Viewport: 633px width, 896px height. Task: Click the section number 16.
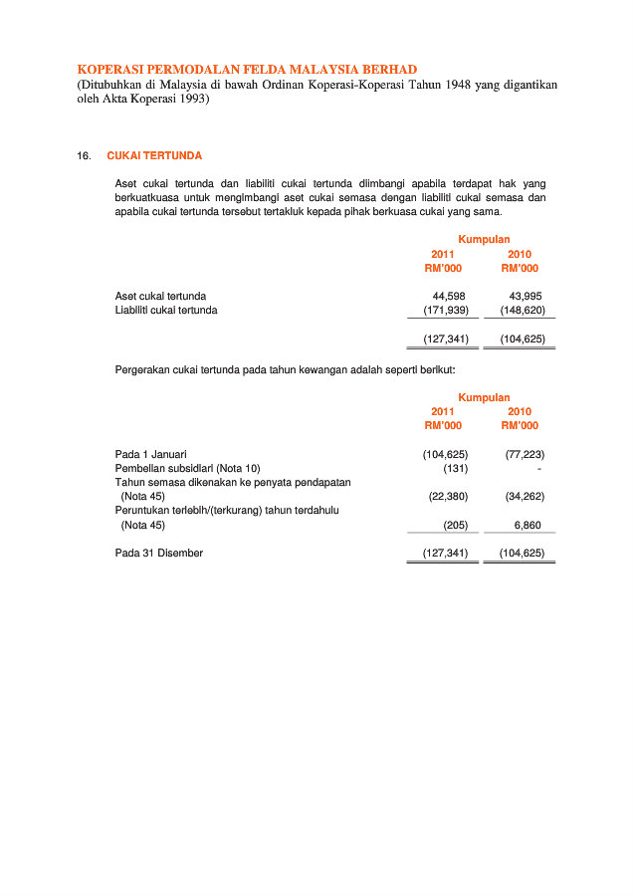point(84,156)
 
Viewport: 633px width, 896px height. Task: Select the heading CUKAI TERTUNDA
point(154,156)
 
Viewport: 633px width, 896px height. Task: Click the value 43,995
point(526,297)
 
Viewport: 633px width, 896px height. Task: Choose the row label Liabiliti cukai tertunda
point(166,311)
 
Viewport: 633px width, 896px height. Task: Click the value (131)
point(455,468)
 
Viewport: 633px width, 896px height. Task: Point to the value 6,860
point(528,524)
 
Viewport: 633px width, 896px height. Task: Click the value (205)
point(455,524)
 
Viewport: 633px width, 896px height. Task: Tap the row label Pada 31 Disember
point(159,553)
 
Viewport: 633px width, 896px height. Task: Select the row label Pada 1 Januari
point(150,454)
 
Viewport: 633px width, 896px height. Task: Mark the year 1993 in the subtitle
point(188,100)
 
